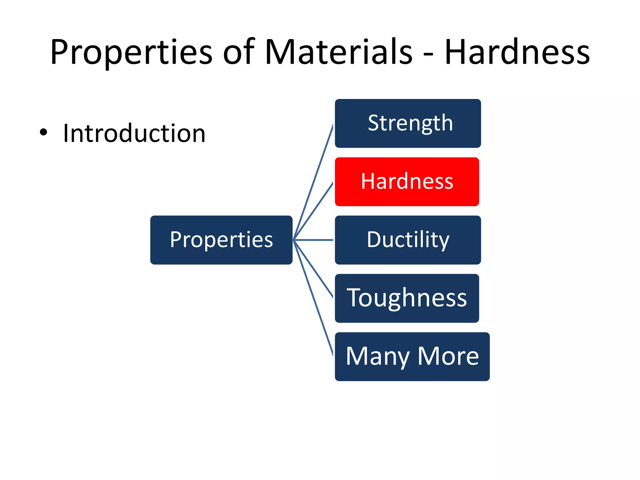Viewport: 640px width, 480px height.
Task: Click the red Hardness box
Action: (407, 182)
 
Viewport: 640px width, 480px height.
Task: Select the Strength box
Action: (408, 123)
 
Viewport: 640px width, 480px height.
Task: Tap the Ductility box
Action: (408, 240)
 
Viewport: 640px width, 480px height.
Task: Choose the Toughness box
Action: (407, 298)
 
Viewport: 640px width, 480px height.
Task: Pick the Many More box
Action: (412, 356)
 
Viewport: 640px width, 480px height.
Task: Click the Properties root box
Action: (221, 240)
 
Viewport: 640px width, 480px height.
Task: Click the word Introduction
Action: (134, 133)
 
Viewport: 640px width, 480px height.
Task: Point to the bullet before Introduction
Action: (43, 132)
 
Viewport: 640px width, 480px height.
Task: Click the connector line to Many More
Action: (313, 298)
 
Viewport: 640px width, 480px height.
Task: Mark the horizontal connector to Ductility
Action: (313, 240)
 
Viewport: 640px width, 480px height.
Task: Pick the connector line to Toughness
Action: (313, 269)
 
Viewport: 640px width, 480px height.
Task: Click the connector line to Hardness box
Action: (313, 211)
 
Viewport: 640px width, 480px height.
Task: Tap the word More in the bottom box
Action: (448, 356)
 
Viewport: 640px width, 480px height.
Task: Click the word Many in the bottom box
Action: (377, 357)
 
